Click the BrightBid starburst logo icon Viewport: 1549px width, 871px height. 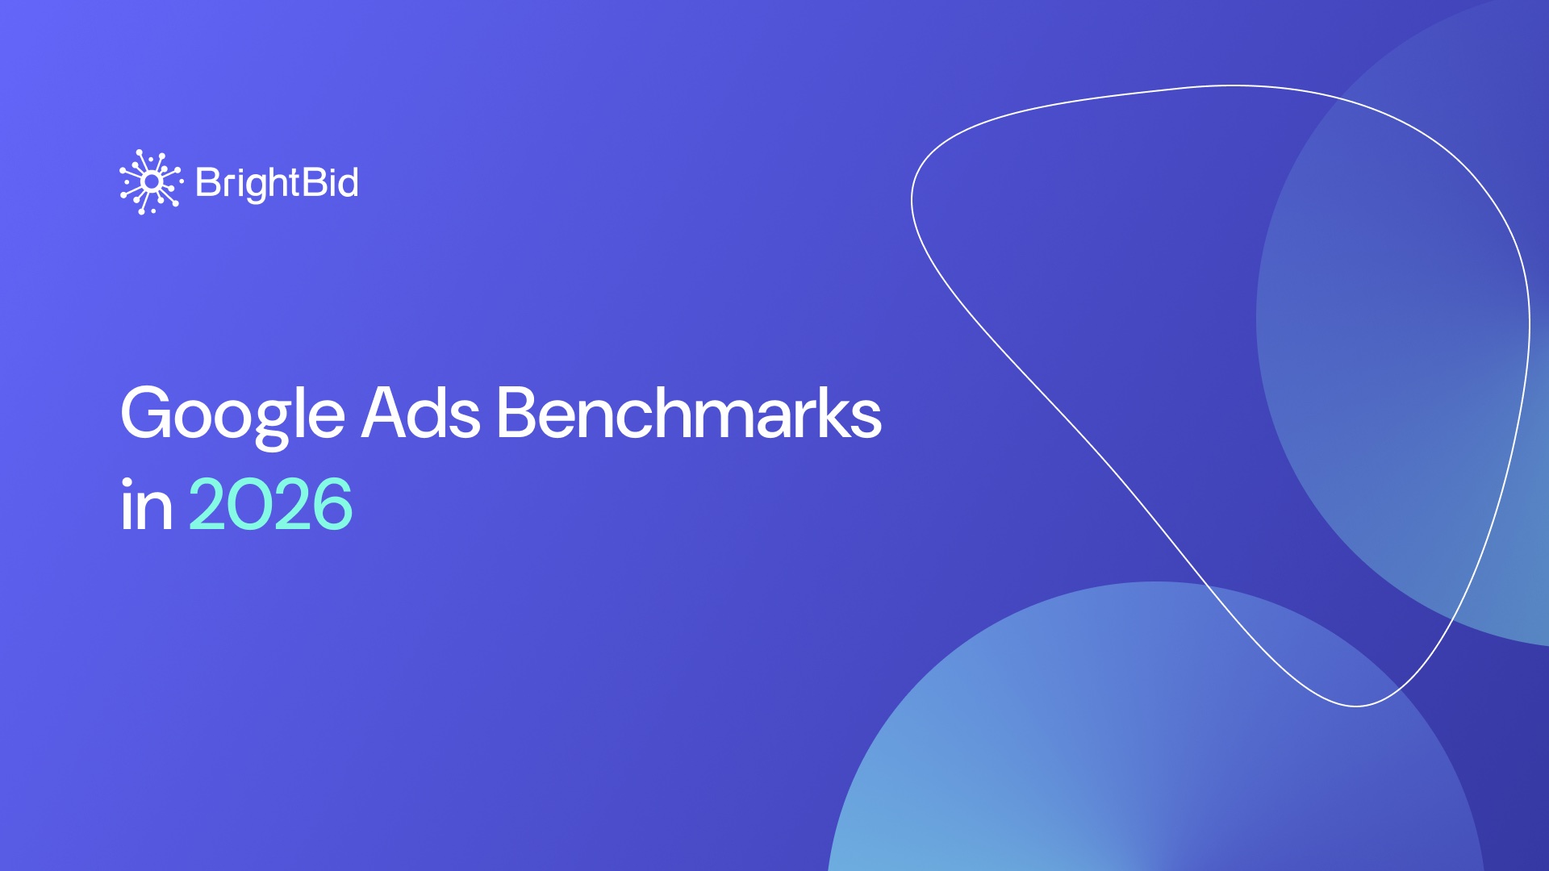pos(151,182)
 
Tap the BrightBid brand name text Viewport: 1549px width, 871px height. pos(277,183)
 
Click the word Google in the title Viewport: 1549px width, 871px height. pos(232,414)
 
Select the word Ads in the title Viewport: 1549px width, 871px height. pos(420,414)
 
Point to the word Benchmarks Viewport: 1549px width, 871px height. pos(689,414)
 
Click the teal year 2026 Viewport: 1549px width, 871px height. pos(270,505)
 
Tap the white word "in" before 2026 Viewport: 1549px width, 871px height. pos(146,506)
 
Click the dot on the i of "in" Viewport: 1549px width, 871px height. pos(127,482)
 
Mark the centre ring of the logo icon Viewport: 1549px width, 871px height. pos(151,182)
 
